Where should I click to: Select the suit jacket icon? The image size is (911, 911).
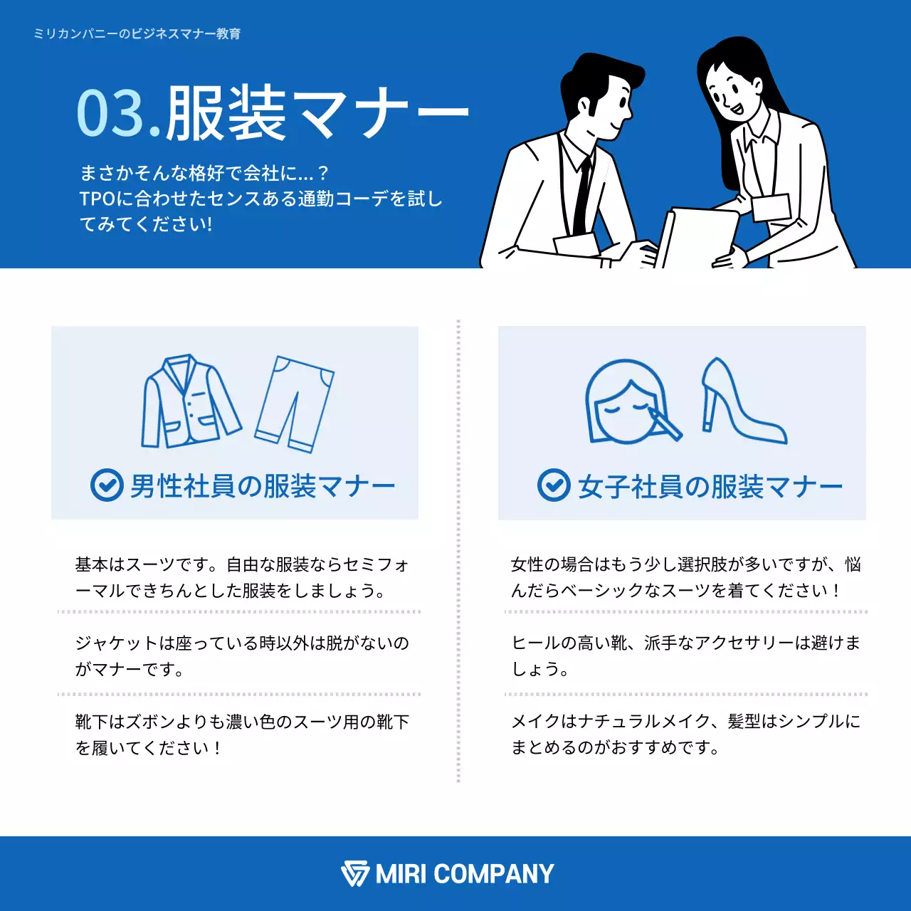[x=189, y=402]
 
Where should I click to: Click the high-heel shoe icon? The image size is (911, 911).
[x=740, y=401]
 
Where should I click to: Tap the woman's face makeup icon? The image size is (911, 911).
[x=631, y=402]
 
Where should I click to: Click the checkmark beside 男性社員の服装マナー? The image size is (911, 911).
[x=107, y=485]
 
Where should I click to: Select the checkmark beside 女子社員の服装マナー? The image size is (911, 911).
[x=554, y=485]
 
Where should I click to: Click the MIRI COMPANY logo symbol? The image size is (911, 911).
[x=354, y=873]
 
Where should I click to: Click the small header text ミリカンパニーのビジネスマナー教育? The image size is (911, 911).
[x=137, y=33]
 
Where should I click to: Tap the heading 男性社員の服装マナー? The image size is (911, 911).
[x=262, y=486]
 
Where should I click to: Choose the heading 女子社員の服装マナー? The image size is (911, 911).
[x=710, y=486]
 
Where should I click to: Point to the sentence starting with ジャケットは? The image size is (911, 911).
[x=242, y=655]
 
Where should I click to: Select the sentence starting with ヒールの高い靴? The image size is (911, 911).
[x=685, y=655]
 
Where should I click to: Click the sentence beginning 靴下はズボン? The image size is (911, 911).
[x=242, y=734]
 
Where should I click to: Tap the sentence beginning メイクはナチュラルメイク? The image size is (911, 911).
[x=685, y=734]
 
